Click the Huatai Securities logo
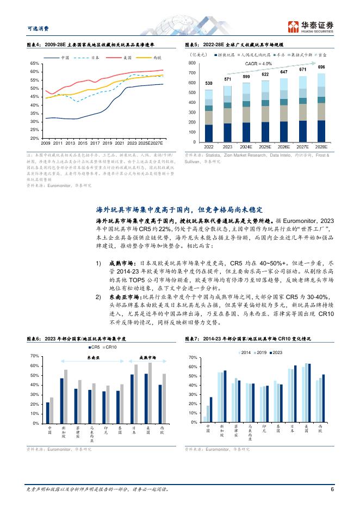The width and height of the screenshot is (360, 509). click(311, 26)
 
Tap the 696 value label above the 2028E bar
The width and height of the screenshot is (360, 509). click(321, 67)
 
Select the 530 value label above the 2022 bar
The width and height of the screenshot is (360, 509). click(209, 83)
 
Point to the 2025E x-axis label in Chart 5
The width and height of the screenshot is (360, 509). click(265, 147)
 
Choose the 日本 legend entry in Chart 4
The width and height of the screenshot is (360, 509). click(94, 57)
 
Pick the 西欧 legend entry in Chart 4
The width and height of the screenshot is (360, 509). click(158, 57)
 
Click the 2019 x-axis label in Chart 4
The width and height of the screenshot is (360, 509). click(107, 142)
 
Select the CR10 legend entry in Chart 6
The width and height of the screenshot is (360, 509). click(110, 347)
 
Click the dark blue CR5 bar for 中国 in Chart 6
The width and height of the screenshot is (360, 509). click(48, 412)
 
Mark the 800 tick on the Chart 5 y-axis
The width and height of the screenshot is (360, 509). click(192, 64)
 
